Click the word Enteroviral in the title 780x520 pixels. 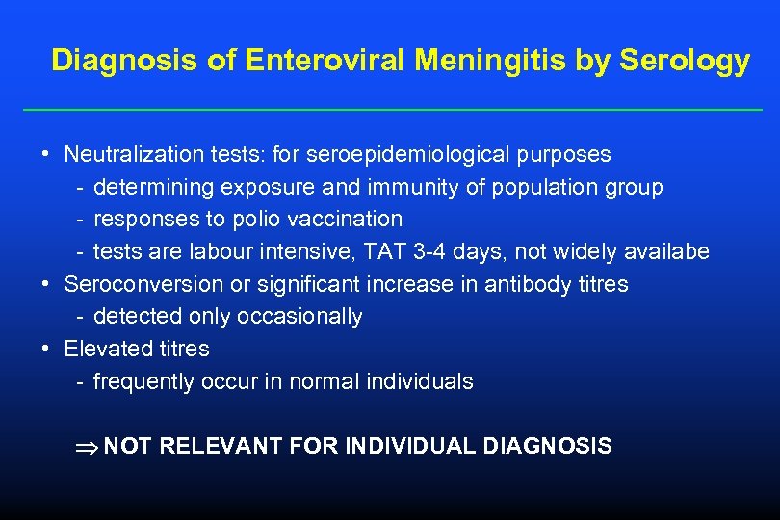(326, 61)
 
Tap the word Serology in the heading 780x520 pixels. (685, 61)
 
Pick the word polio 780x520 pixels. (255, 219)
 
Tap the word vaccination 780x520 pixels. (343, 219)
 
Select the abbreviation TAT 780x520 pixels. (403, 251)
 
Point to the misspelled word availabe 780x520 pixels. (663, 251)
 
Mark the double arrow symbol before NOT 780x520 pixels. (86, 447)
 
